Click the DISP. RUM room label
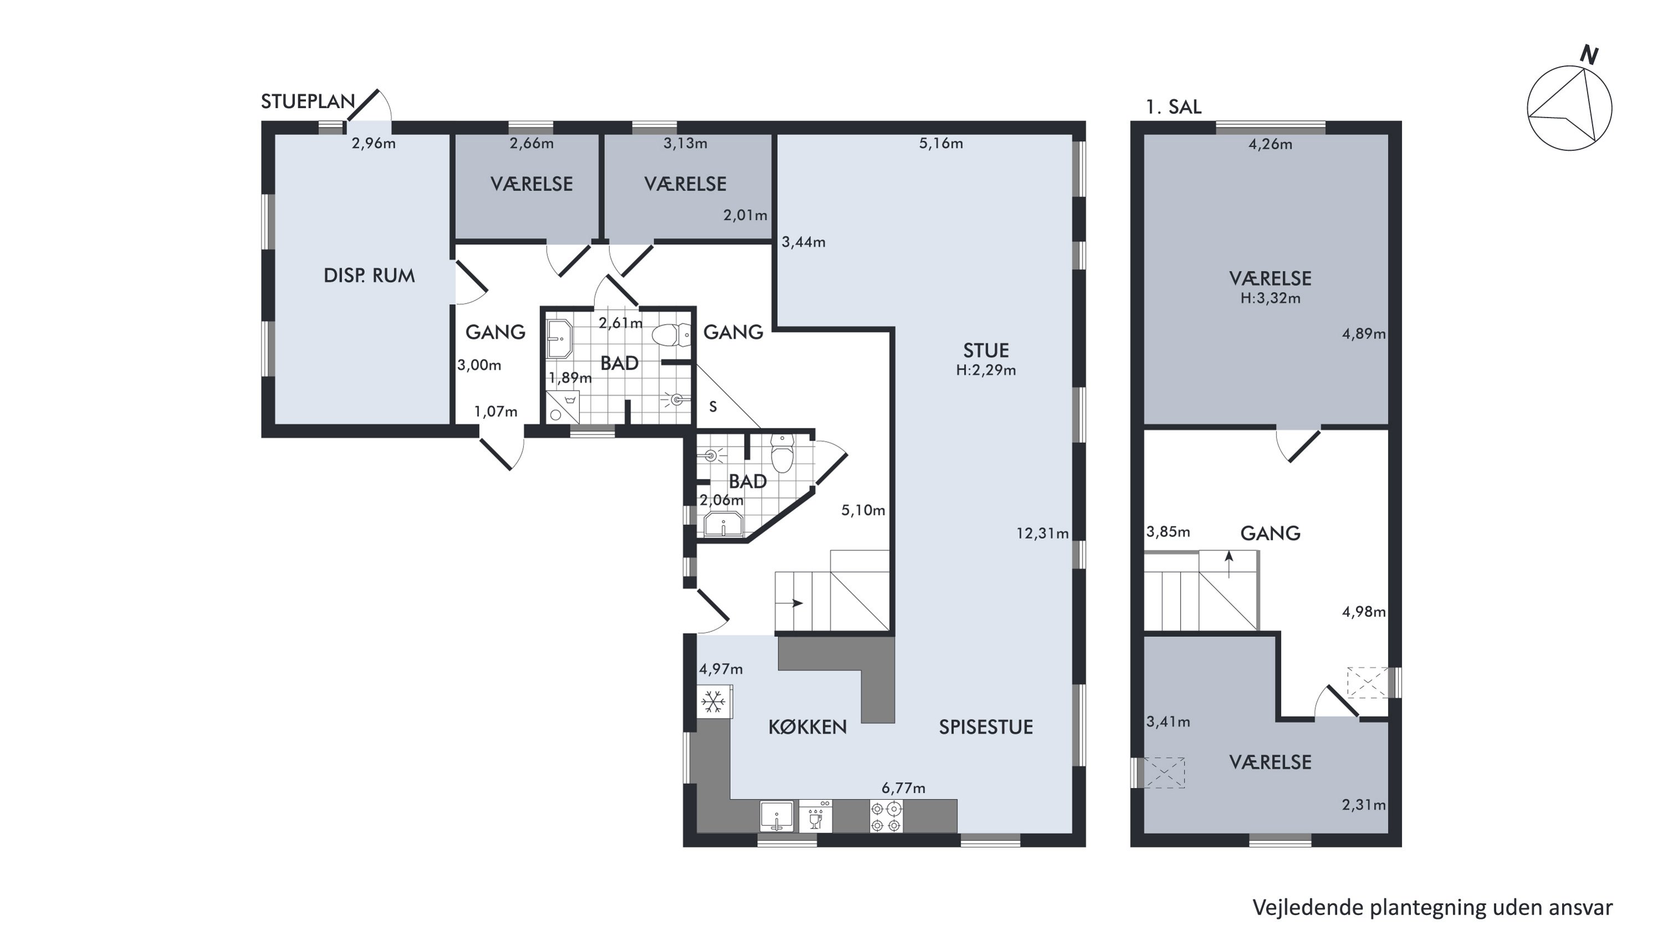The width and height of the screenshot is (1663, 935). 369,275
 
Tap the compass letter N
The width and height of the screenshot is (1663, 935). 1589,55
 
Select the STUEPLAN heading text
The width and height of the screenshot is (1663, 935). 308,101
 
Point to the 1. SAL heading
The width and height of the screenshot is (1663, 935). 1173,107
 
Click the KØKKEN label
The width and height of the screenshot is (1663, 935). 807,727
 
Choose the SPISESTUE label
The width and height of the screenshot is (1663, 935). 985,727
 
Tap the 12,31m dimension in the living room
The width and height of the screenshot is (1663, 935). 1042,534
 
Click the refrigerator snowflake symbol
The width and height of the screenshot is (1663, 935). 713,702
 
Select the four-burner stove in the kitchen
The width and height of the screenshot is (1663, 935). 886,816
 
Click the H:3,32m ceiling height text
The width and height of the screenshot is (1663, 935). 1270,299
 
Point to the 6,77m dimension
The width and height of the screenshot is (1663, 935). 903,788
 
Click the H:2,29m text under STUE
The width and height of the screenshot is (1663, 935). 986,370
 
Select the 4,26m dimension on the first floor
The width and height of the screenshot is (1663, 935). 1270,145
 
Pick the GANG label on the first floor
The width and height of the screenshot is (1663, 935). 1270,533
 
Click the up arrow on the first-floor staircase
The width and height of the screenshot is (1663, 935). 1228,565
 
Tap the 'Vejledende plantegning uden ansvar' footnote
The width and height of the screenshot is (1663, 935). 1432,907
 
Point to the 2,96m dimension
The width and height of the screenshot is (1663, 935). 373,143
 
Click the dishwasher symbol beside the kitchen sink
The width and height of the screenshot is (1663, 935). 815,816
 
